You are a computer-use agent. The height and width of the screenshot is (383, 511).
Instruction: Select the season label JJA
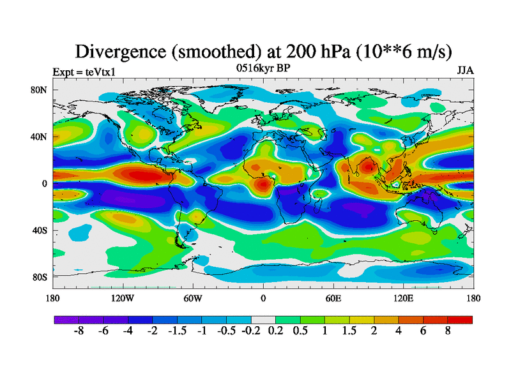click(464, 70)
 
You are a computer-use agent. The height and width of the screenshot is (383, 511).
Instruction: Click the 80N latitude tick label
click(40, 89)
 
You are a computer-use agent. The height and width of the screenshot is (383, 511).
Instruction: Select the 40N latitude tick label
click(40, 137)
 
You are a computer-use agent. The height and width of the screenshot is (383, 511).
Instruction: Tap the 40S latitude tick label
click(40, 230)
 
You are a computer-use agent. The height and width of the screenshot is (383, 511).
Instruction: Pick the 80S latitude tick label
click(40, 277)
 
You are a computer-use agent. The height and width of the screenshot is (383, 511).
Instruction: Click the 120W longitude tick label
click(122, 298)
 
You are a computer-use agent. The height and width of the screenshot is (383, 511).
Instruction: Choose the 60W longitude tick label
click(192, 298)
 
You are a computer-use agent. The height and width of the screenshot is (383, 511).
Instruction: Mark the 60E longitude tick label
click(333, 298)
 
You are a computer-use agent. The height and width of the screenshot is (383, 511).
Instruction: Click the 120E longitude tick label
click(403, 298)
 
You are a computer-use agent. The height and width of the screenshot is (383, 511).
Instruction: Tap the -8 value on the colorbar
click(79, 333)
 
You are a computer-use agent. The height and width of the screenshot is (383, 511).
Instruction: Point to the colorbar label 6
click(423, 333)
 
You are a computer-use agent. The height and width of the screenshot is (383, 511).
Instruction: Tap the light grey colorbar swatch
click(263, 320)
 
